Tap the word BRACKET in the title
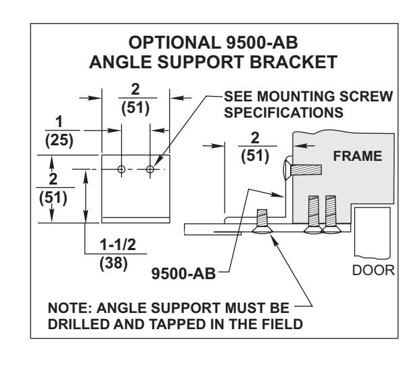point(293,62)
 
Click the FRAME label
point(357,156)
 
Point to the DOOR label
point(373,270)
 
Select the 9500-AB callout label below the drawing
point(183,274)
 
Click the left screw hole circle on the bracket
point(121,169)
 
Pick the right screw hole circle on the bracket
point(150,169)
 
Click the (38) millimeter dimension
point(114,263)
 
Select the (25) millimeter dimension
point(59,140)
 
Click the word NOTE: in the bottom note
point(70,308)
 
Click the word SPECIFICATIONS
point(283,112)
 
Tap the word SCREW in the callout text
point(366,96)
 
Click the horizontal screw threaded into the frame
point(302,170)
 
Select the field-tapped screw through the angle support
point(262,221)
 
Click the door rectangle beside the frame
point(372,232)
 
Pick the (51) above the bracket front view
point(135,108)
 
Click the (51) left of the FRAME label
point(255,156)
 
